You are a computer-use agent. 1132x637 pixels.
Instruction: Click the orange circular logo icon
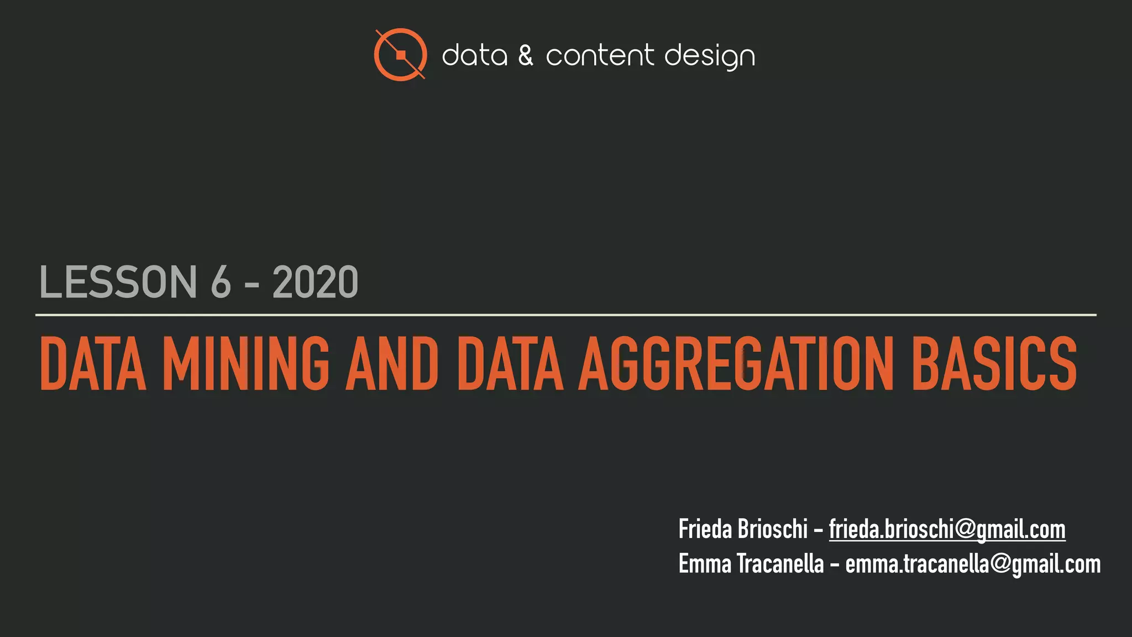click(400, 54)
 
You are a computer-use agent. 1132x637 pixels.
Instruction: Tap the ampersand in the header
click(526, 56)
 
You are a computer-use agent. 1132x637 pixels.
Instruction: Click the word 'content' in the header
click(600, 56)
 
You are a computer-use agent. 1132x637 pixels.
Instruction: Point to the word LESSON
click(118, 282)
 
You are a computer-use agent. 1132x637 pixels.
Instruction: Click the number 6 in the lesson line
click(221, 282)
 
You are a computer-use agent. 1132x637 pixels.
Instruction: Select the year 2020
click(315, 282)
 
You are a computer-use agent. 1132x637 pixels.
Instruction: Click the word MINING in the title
click(246, 363)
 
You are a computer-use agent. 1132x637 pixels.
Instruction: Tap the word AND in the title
click(392, 363)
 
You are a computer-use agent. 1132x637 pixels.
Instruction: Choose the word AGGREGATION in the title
click(735, 363)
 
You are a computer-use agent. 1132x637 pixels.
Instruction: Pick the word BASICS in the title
click(994, 363)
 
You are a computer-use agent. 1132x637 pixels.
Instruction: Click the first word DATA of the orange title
click(93, 363)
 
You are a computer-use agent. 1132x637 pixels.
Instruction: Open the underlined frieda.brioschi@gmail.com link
click(947, 529)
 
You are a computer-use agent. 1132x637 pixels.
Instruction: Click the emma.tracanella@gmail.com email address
click(973, 564)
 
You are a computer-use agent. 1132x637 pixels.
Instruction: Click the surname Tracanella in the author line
click(780, 564)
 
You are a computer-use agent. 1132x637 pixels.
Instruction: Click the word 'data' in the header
click(474, 56)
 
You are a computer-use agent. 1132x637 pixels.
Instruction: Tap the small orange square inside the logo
click(401, 55)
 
